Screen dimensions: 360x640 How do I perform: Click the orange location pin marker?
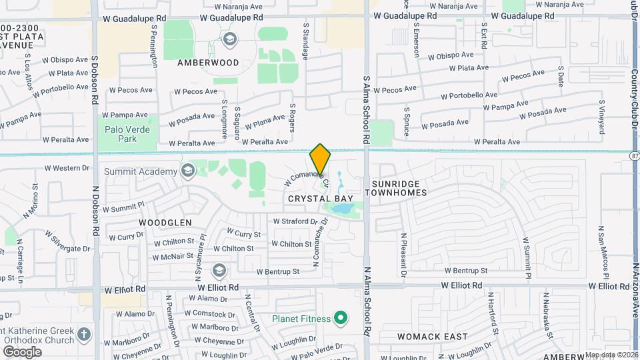point(320,159)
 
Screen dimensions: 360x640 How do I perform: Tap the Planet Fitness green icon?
point(339,319)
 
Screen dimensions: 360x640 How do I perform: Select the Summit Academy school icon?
point(187,171)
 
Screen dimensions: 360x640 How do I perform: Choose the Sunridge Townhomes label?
point(399,187)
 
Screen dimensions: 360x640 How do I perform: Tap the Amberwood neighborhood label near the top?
point(208,63)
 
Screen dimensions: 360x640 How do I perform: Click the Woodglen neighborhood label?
point(165,222)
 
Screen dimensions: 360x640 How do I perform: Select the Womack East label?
point(432,337)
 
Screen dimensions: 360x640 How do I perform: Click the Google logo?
point(21,351)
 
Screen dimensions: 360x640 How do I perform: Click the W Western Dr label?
point(67,168)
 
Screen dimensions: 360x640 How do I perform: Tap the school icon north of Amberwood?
point(231,39)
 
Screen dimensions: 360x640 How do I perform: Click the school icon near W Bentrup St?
point(219,271)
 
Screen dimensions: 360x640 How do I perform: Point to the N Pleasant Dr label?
point(404,254)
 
